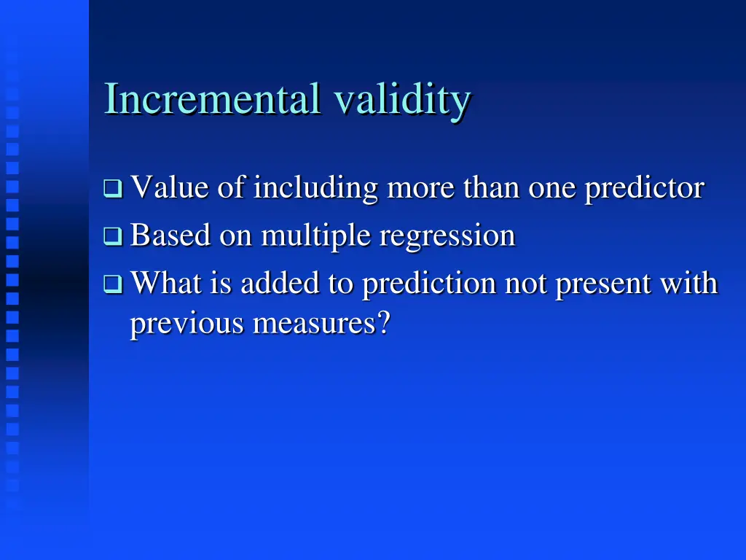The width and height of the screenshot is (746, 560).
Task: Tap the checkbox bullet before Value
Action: [x=113, y=190]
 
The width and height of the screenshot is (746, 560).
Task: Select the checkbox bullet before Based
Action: [x=113, y=236]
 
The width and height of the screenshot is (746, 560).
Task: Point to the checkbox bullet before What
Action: [x=113, y=284]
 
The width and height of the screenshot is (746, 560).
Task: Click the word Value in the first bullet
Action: [x=171, y=188]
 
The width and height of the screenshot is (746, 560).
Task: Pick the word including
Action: [x=315, y=188]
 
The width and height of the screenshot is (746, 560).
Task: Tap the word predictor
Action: [x=645, y=188]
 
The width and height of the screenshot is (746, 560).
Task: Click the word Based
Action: [x=171, y=236]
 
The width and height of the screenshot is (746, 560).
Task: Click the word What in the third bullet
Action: [x=167, y=283]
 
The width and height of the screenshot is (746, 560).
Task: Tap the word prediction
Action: [x=430, y=283]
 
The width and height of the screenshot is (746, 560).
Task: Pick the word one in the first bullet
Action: [x=553, y=188]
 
